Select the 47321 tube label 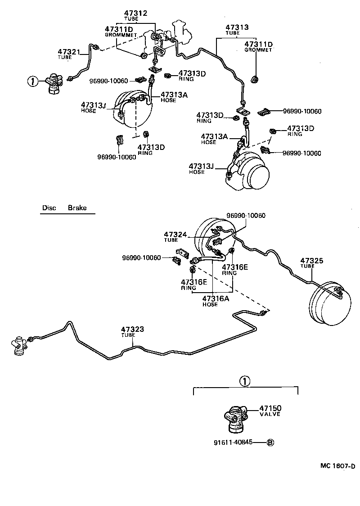[x=67, y=52]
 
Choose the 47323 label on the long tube [x=132, y=330]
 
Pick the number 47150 [x=270, y=408]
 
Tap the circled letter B [x=270, y=442]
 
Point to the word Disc [x=49, y=208]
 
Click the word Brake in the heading [x=77, y=208]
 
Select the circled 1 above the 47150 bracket [x=243, y=381]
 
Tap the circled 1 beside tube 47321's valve [x=32, y=81]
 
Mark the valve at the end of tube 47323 [x=19, y=345]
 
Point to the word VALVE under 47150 [x=270, y=414]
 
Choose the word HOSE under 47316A [x=210, y=304]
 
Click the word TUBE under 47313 [x=233, y=33]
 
